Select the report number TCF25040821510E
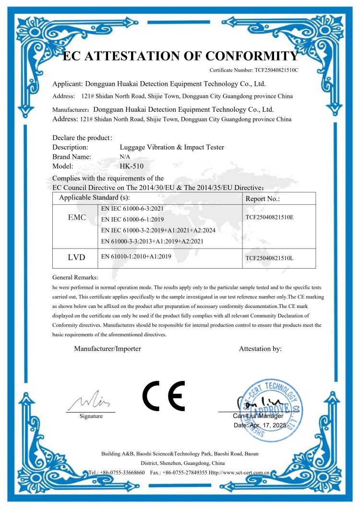point(269,217)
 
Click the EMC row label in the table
point(77,218)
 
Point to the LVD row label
point(76,258)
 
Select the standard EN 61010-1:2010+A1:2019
point(136,257)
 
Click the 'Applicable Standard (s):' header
point(94,197)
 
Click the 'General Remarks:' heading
point(75,277)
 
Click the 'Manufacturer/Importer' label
point(108,349)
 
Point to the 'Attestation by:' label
point(260,349)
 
